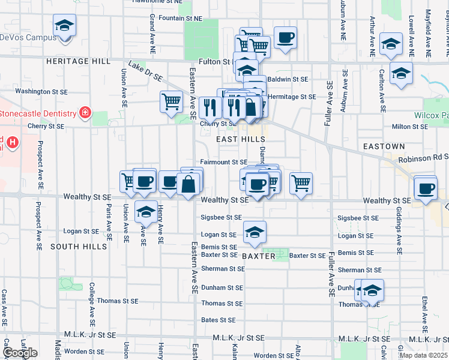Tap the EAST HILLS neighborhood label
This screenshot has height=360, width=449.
pyautogui.click(x=237, y=139)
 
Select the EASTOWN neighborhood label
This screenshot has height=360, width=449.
pyautogui.click(x=384, y=146)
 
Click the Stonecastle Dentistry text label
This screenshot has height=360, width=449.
pyautogui.click(x=39, y=113)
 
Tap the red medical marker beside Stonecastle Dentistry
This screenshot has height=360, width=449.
pyautogui.click(x=85, y=112)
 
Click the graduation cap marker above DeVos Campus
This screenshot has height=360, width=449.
pyautogui.click(x=64, y=25)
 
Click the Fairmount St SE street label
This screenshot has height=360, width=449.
pyautogui.click(x=223, y=162)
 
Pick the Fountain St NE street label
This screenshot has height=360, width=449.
pyautogui.click(x=181, y=19)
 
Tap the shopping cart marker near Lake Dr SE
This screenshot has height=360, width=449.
pyautogui.click(x=171, y=101)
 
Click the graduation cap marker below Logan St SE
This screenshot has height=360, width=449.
pyautogui.click(x=255, y=232)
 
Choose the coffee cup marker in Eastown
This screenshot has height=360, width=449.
pyautogui.click(x=426, y=188)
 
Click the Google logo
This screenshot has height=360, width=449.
pyautogui.click(x=19, y=353)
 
